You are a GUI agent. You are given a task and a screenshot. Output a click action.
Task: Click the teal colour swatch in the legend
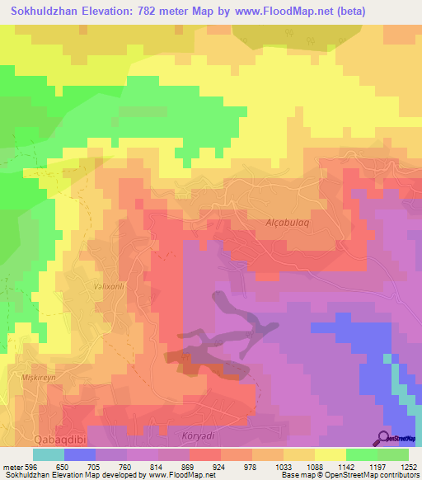49,454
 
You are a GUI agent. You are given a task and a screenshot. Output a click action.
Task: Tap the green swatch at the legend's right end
393,454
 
